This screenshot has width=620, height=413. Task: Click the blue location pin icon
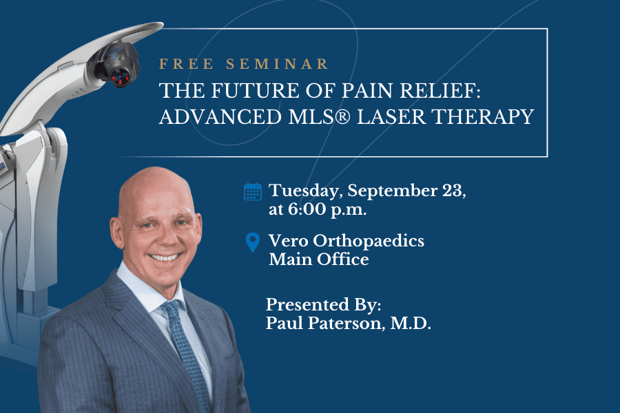[x=253, y=242]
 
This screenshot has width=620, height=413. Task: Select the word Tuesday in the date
[x=303, y=191]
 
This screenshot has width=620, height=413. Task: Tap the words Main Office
[x=318, y=260]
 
